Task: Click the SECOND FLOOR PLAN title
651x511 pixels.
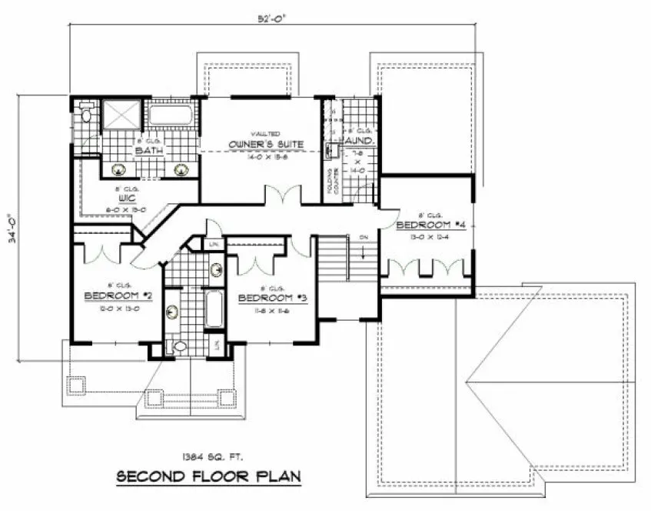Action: (208, 476)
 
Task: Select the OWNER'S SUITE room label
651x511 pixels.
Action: (266, 144)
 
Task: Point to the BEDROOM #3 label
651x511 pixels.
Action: (273, 298)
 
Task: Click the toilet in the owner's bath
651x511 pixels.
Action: (86, 117)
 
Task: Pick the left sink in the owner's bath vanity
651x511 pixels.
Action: (121, 170)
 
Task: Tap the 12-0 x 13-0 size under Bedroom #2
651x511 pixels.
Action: (115, 307)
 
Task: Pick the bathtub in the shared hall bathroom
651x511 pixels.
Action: (214, 309)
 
